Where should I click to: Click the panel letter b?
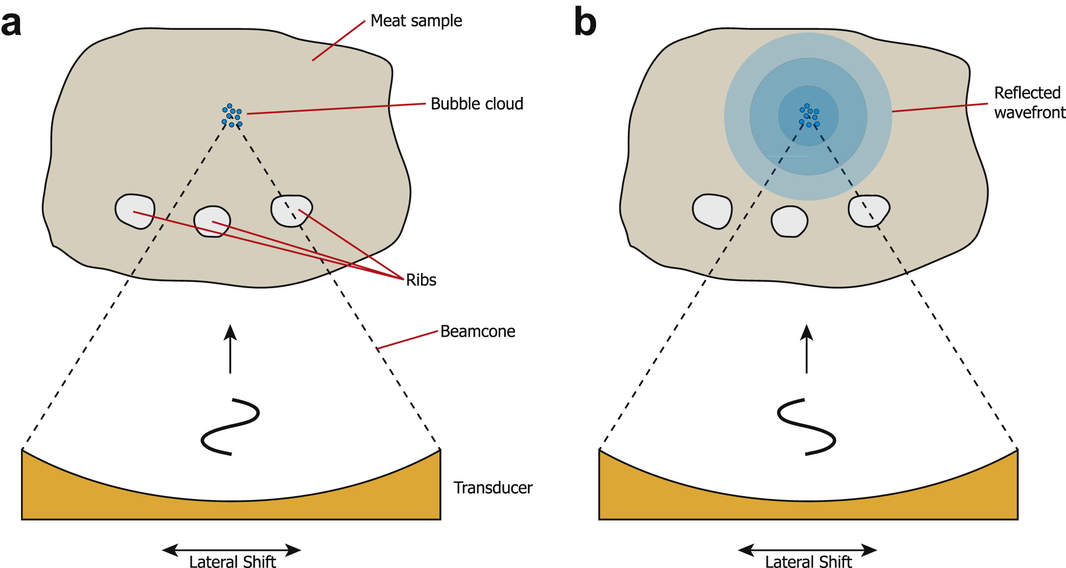coord(585,22)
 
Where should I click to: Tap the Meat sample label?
coord(416,21)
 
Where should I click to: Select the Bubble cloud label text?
coord(477,104)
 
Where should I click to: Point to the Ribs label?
coord(421,280)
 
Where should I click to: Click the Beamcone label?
coord(478,331)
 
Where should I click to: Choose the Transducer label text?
coord(493,488)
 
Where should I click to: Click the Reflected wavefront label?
coord(1029,103)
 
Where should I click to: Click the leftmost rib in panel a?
coord(135,211)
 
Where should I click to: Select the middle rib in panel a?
coord(212,222)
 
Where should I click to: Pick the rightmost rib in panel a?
coord(291,210)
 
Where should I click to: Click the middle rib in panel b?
coord(789,222)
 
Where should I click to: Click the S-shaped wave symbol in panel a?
coord(230,427)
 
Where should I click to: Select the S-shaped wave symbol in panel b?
coord(806,427)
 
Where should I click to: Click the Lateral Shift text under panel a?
coord(233,562)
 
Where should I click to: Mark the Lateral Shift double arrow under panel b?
coord(807,550)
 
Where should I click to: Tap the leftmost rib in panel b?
coord(712,211)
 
